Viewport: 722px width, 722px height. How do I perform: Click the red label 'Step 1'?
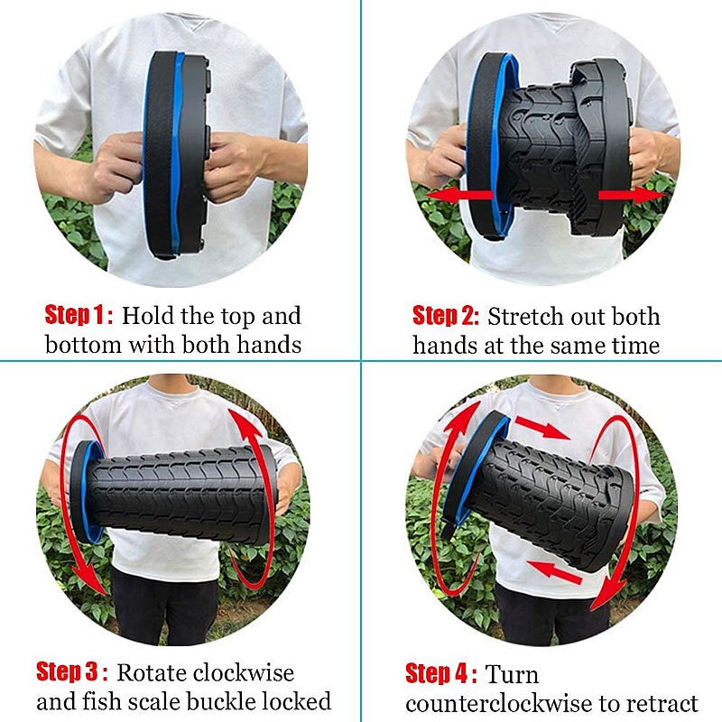pos(79,316)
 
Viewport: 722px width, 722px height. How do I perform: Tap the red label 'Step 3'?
pos(71,672)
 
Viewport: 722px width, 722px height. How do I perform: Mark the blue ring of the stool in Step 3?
pos(86,492)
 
